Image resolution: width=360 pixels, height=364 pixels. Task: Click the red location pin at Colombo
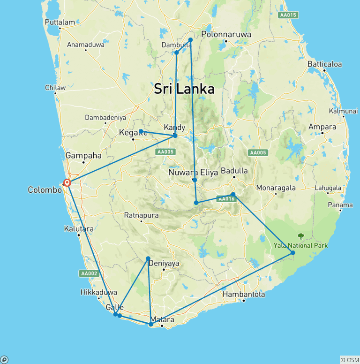point(67,183)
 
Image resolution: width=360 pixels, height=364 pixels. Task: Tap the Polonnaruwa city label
point(226,34)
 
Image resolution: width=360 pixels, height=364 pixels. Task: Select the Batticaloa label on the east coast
point(324,64)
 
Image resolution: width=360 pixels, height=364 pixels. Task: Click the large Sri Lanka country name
point(184,89)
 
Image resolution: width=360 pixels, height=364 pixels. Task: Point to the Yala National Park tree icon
point(300,236)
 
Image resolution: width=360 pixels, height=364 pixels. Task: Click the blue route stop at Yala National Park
point(293,253)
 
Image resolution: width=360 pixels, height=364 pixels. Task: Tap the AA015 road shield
point(288,15)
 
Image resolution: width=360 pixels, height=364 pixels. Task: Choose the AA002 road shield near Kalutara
point(89,273)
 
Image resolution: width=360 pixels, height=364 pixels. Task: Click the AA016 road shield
point(226,199)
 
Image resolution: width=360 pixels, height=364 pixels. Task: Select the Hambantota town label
point(244,295)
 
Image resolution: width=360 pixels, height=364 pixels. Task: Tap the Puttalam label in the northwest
point(60,22)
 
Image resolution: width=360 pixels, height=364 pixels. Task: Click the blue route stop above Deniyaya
point(148,258)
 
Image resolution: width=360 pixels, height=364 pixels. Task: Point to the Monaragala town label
point(276,188)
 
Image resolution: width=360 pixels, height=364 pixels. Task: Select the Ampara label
point(322,127)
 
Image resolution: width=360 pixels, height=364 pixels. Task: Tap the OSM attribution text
point(350,360)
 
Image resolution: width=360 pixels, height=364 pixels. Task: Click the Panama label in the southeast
point(341,205)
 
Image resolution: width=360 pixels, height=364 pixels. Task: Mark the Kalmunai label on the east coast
point(344,111)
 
